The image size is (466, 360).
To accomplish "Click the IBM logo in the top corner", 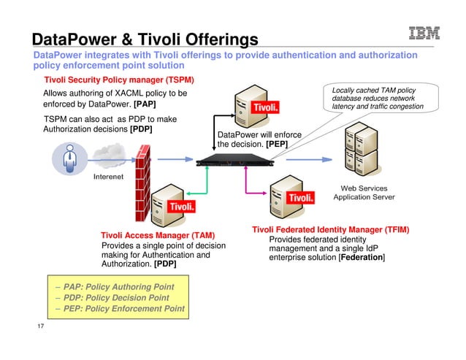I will pyautogui.click(x=424, y=34).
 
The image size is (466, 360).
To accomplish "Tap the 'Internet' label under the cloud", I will pyautogui.click(x=107, y=177).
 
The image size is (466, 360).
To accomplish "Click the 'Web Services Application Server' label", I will pyautogui.click(x=364, y=192).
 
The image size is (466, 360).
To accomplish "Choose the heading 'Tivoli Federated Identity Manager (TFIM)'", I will pyautogui.click(x=330, y=230).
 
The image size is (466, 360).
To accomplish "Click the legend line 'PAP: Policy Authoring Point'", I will pyautogui.click(x=118, y=286).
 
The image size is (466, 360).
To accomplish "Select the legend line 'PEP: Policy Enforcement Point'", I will pyautogui.click(x=123, y=310).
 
